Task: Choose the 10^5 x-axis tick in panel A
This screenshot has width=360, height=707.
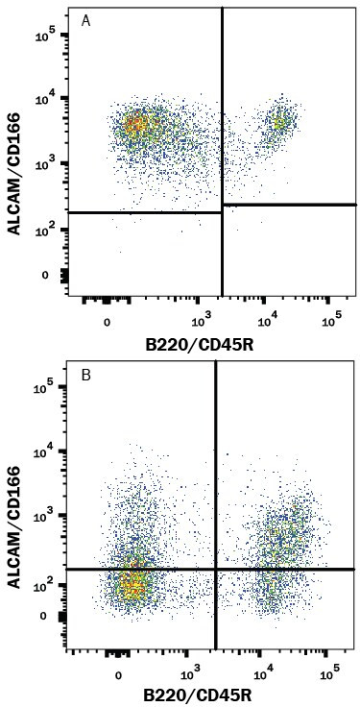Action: click(x=331, y=319)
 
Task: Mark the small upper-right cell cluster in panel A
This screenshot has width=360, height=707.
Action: click(x=279, y=122)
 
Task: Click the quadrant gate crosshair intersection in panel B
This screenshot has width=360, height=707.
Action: click(x=215, y=570)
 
